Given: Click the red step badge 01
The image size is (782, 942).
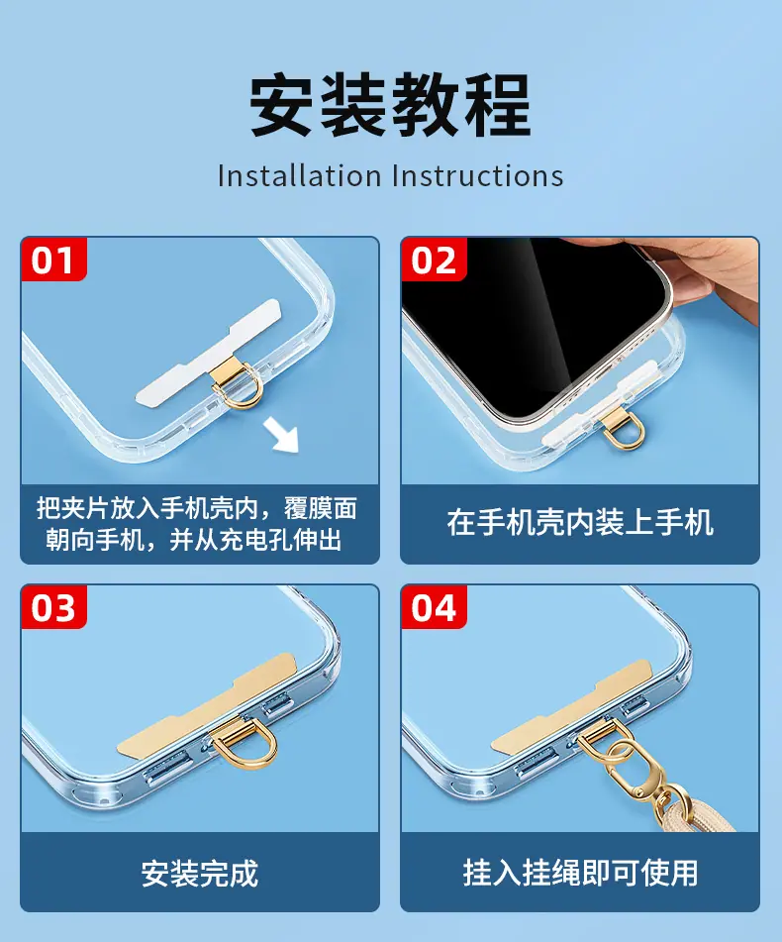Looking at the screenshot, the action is [53, 259].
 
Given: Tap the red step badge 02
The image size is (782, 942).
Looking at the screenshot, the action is [434, 259].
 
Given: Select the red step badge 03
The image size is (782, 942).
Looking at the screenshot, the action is [53, 607].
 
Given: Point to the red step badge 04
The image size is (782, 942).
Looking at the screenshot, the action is [434, 607].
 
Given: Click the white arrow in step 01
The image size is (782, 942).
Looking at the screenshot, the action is [281, 436].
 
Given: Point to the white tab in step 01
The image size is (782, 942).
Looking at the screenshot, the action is [208, 351].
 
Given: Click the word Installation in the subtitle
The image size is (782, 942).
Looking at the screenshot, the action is [300, 176].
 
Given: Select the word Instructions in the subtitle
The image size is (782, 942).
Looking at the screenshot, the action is [478, 176].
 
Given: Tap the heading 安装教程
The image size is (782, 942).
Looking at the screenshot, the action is [391, 106].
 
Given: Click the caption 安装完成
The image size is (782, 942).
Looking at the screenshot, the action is [200, 874].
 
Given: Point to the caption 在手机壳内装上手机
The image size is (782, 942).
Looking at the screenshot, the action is [580, 522].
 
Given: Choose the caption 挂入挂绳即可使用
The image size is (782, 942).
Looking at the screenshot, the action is [580, 873].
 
